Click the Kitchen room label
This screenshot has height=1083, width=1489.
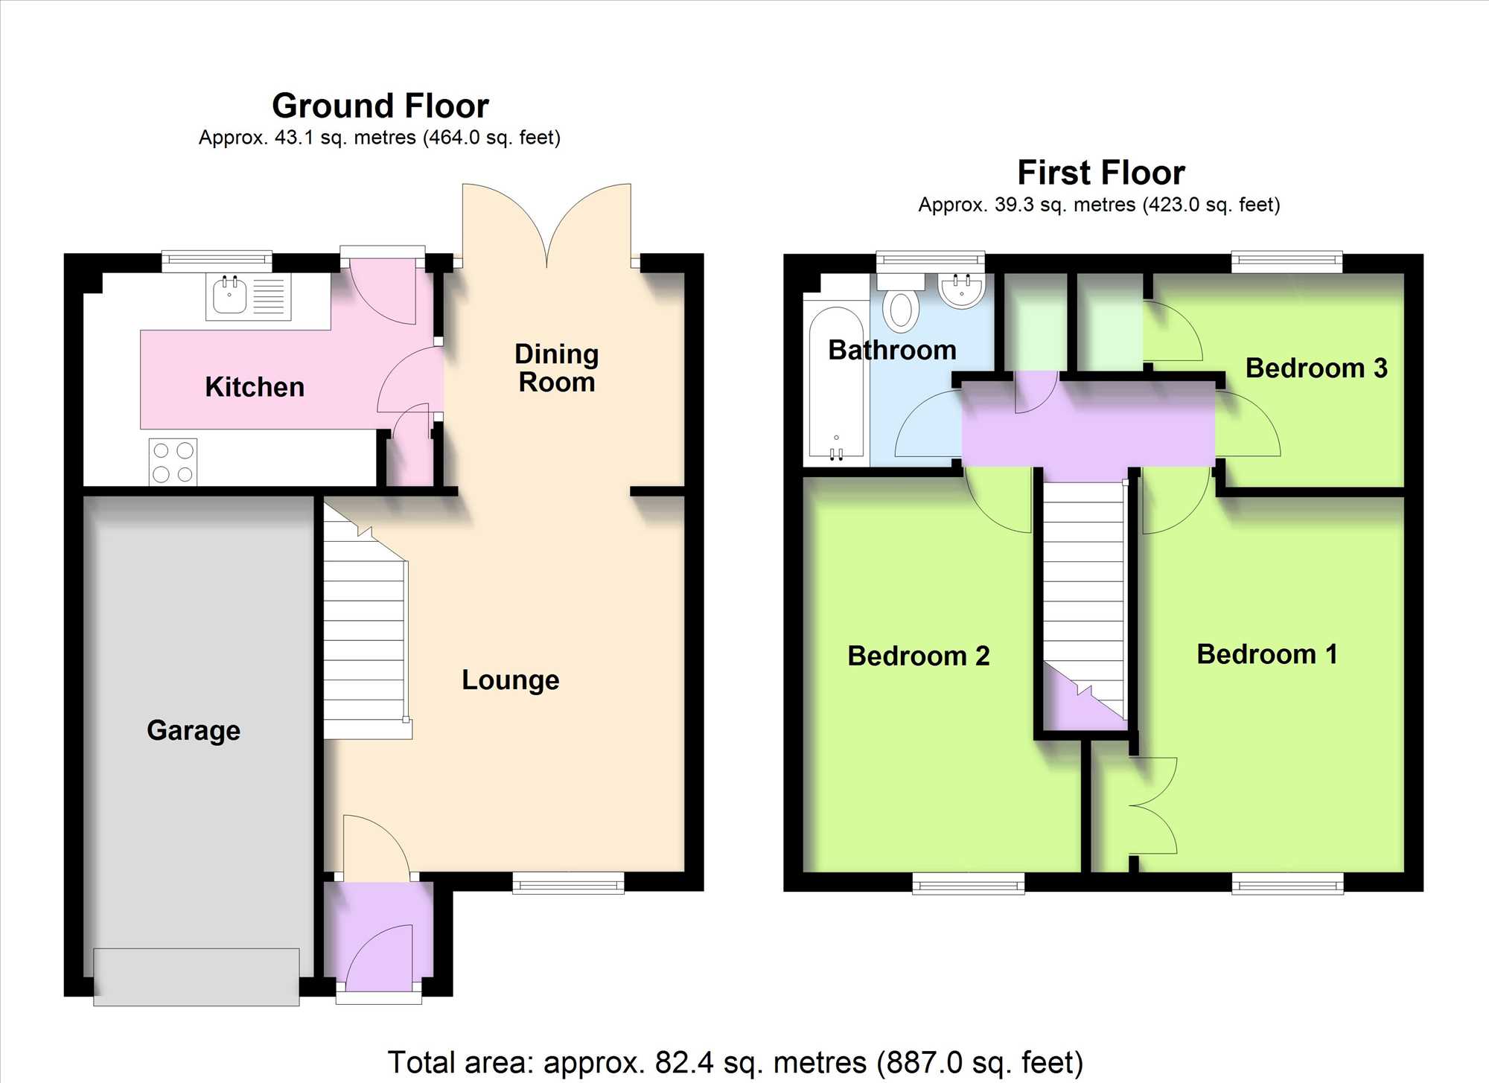[x=255, y=387]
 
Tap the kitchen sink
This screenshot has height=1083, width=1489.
[x=249, y=297]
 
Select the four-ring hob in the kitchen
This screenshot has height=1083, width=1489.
[x=173, y=461]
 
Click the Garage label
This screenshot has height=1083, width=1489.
[x=194, y=730]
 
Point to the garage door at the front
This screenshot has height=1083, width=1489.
[x=197, y=977]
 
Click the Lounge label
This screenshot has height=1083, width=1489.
[x=511, y=680]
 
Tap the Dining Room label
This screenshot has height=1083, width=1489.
[x=557, y=368]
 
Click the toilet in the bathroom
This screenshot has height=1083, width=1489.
[x=900, y=303]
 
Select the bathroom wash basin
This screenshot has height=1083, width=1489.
[x=962, y=290]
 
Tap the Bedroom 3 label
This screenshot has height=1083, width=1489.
[x=1316, y=368]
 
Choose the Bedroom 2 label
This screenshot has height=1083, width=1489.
[x=919, y=656]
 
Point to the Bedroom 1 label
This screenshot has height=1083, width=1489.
[x=1267, y=654]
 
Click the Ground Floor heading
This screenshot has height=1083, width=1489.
[x=380, y=106]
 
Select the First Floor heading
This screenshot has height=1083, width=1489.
[x=1101, y=173]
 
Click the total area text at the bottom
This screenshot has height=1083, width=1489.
[x=736, y=1062]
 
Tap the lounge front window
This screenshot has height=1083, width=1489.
[x=569, y=883]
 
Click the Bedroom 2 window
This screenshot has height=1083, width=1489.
[x=969, y=884]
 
